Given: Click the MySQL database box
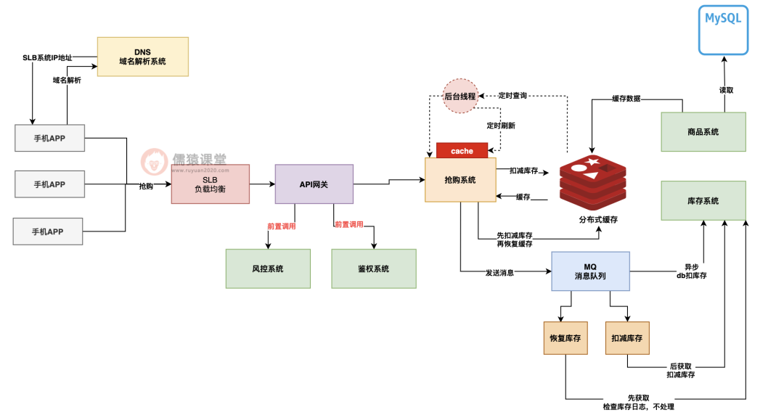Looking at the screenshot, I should (723, 30).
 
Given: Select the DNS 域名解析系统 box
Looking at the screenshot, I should (143, 57).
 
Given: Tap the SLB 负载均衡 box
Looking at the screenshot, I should (211, 184).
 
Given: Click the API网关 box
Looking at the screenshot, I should (314, 184).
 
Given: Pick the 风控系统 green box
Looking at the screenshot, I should (268, 269).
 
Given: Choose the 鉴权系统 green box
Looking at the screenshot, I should (374, 269).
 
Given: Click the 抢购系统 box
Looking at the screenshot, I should (460, 179).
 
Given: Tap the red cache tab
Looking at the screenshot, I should (462, 151).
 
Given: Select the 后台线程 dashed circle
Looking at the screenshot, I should (460, 96).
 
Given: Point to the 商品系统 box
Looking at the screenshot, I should (703, 131).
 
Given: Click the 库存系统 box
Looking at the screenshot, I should (703, 200).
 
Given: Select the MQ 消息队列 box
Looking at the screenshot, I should (590, 271).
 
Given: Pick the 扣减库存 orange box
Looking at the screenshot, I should (627, 338).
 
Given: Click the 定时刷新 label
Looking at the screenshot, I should (501, 126).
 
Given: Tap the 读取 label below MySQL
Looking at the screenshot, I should (725, 91).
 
